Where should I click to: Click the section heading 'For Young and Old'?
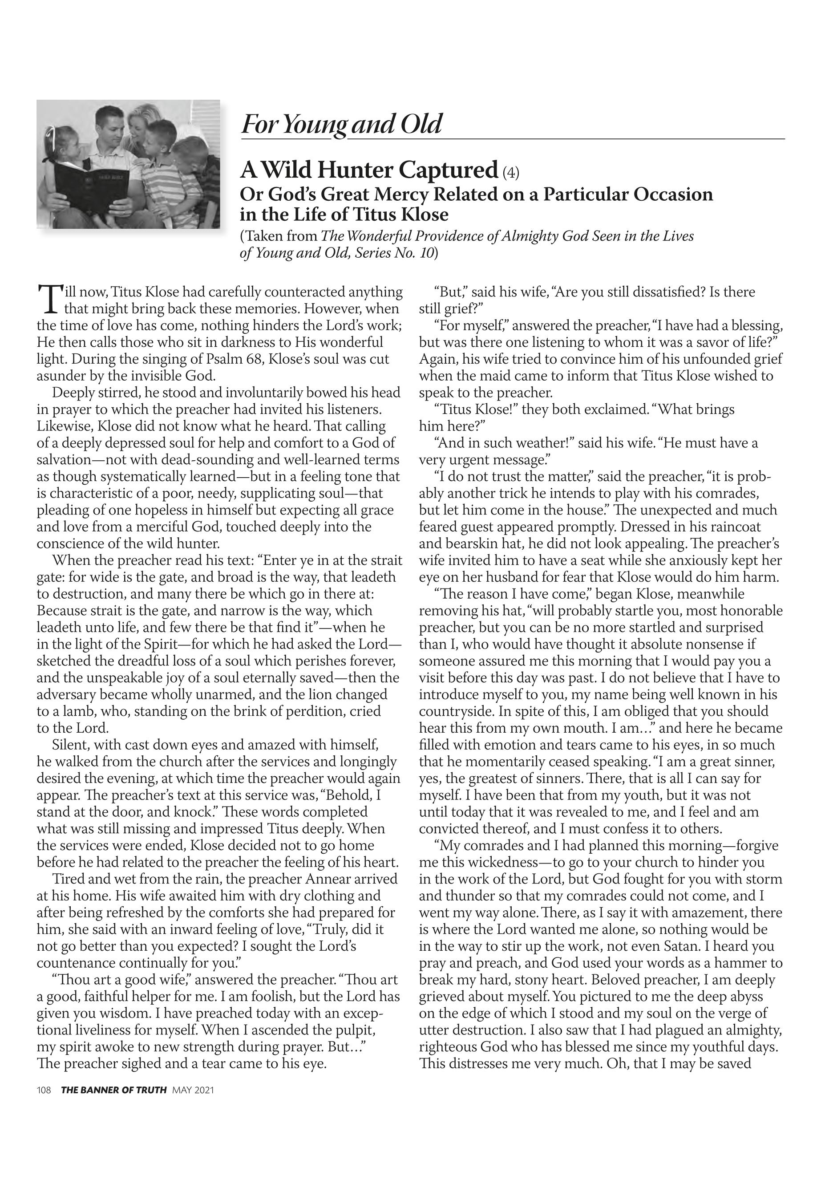point(342,124)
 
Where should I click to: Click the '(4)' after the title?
point(510,172)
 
